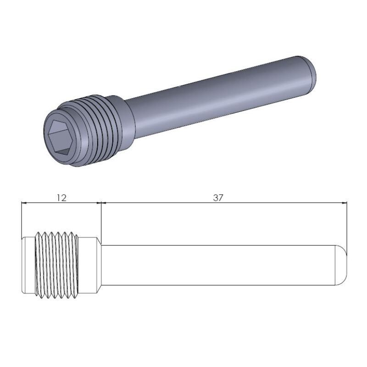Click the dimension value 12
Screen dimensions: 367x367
click(61, 198)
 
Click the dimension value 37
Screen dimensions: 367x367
click(218, 198)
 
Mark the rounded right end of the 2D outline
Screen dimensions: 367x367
click(342, 265)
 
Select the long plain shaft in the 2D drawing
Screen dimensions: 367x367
click(220, 265)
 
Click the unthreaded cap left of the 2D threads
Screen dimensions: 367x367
click(29, 265)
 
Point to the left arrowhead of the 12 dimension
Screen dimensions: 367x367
click(25, 202)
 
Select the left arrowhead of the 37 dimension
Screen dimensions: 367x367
click(104, 202)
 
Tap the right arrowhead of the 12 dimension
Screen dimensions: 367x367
click(97, 202)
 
